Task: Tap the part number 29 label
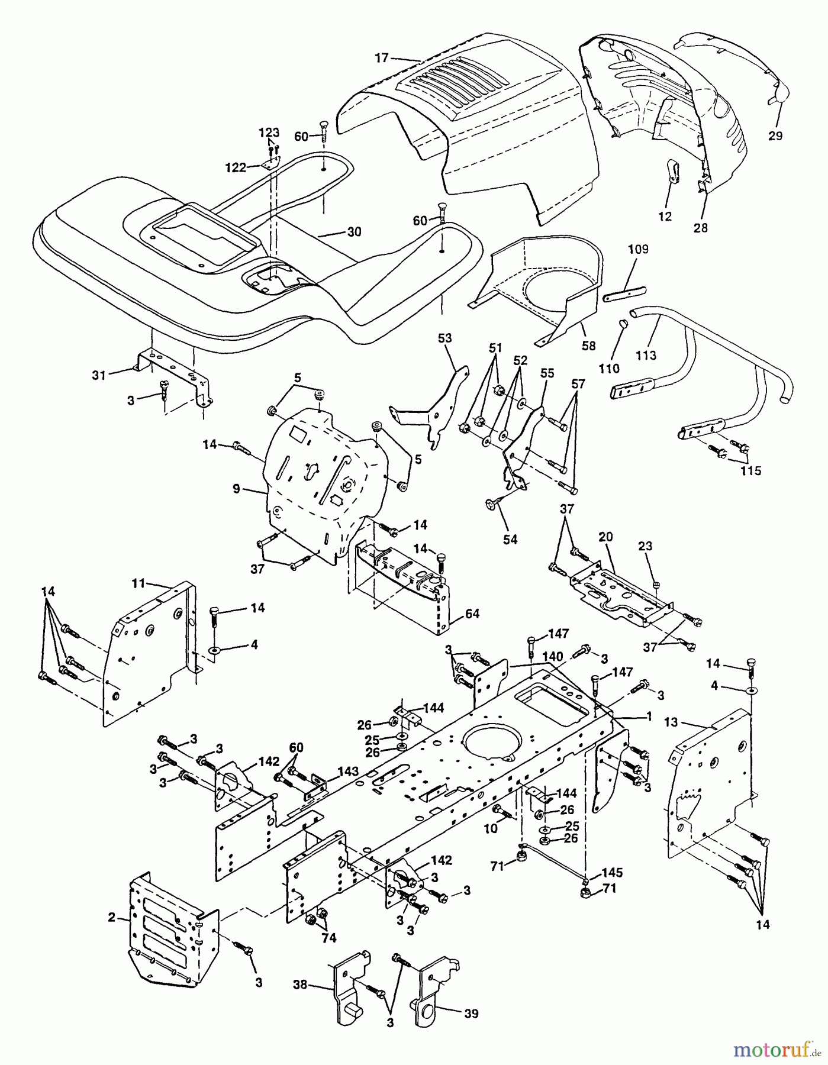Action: tap(775, 135)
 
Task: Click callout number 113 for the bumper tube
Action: tap(646, 355)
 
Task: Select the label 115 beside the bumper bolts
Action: tap(750, 471)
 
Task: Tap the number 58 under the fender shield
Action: tap(588, 346)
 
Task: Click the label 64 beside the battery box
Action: tap(472, 614)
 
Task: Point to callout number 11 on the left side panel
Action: tap(137, 583)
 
